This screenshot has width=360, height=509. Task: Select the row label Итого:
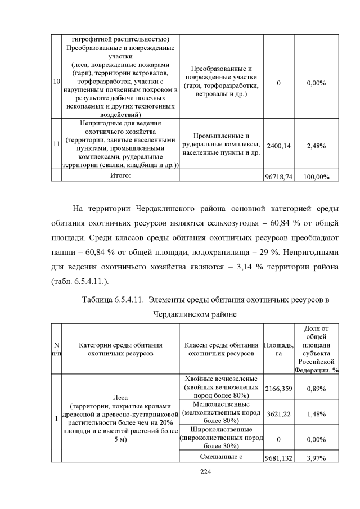click(120, 176)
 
